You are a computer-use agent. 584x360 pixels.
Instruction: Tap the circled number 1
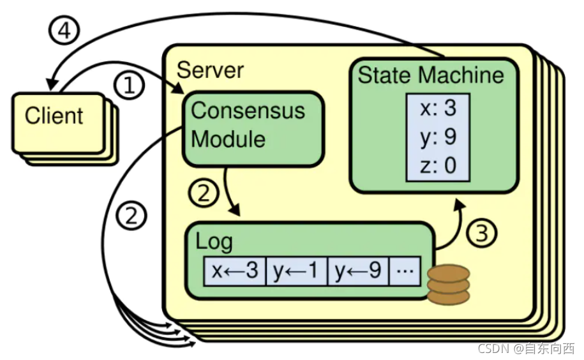click(130, 85)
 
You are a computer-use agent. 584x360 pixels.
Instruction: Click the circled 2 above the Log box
click(203, 193)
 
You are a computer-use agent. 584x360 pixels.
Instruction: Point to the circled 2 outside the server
click(131, 217)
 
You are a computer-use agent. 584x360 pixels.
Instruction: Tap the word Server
click(210, 70)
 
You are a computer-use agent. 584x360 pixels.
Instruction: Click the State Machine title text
click(431, 75)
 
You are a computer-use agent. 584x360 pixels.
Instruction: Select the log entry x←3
click(234, 271)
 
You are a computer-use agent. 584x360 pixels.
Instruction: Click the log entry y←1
click(296, 271)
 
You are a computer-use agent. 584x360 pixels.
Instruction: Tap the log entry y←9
click(358, 271)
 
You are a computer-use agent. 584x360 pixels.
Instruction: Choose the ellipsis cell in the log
click(405, 271)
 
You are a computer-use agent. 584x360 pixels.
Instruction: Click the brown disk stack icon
click(448, 285)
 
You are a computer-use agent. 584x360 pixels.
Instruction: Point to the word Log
click(214, 242)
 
